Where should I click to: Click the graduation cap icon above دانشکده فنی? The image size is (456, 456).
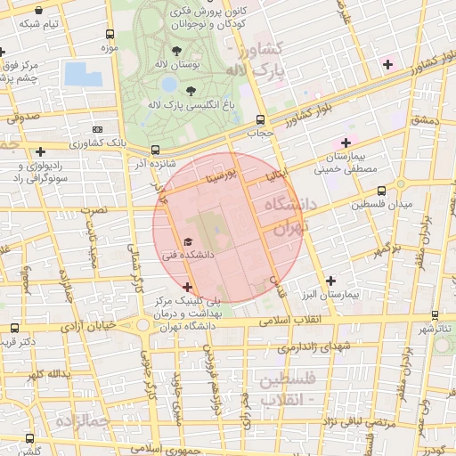click(x=187, y=241)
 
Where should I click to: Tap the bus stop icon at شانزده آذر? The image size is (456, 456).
click(x=156, y=150)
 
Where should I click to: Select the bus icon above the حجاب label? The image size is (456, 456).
click(x=260, y=119)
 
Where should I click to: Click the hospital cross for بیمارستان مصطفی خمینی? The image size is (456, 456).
click(x=346, y=142)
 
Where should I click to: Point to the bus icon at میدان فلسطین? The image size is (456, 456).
click(x=382, y=191)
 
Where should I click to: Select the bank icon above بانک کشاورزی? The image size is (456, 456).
click(x=97, y=129)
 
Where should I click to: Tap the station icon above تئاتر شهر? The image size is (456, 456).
click(x=436, y=314)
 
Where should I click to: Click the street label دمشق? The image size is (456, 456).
click(x=426, y=118)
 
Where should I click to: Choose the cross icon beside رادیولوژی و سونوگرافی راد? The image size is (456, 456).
click(x=41, y=152)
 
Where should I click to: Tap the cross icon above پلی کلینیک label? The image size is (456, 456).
click(x=186, y=287)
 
